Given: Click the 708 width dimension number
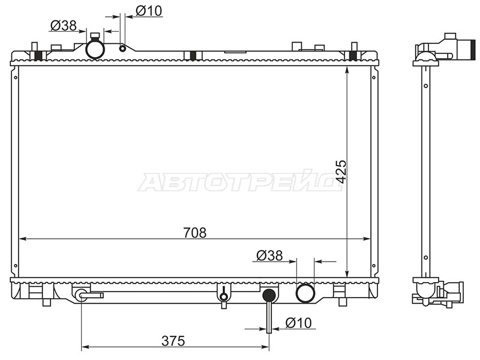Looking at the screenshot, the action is click(195, 233).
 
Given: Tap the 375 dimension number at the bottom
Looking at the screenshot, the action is click(173, 341).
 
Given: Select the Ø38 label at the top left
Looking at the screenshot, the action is click(63, 26).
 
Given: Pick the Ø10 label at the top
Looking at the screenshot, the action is click(149, 11).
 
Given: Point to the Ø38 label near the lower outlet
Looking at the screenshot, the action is click(269, 256).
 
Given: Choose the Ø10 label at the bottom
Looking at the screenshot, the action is click(298, 323).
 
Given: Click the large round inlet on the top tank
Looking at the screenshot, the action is click(95, 49).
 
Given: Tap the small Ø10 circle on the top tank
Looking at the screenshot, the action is click(122, 49).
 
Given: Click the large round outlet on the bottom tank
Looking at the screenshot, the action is click(305, 293).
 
